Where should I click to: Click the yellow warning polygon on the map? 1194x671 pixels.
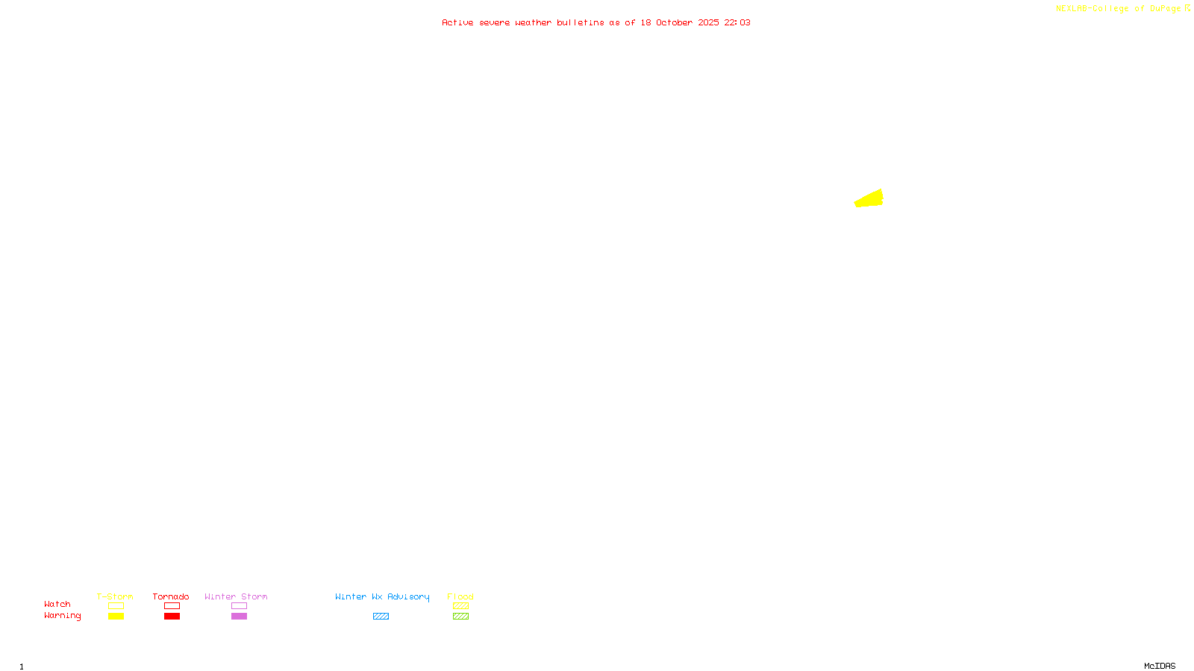870,199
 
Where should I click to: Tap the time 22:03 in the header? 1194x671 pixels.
737,22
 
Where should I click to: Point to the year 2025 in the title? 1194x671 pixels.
708,22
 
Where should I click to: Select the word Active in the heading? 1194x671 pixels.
457,22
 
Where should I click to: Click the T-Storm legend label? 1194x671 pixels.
115,596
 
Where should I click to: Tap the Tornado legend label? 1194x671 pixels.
171,596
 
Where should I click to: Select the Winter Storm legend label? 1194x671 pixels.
236,596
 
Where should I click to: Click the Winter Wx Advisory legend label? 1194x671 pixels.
382,596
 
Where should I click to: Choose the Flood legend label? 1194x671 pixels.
460,596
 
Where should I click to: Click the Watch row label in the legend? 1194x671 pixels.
57,604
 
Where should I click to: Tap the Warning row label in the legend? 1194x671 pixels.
62,616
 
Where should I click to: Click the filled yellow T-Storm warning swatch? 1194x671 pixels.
116,617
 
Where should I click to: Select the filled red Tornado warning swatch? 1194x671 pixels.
172,617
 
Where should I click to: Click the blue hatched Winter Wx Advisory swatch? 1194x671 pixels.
381,617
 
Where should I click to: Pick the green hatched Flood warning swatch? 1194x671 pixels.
460,617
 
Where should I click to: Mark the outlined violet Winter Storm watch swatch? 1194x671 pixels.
239,606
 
